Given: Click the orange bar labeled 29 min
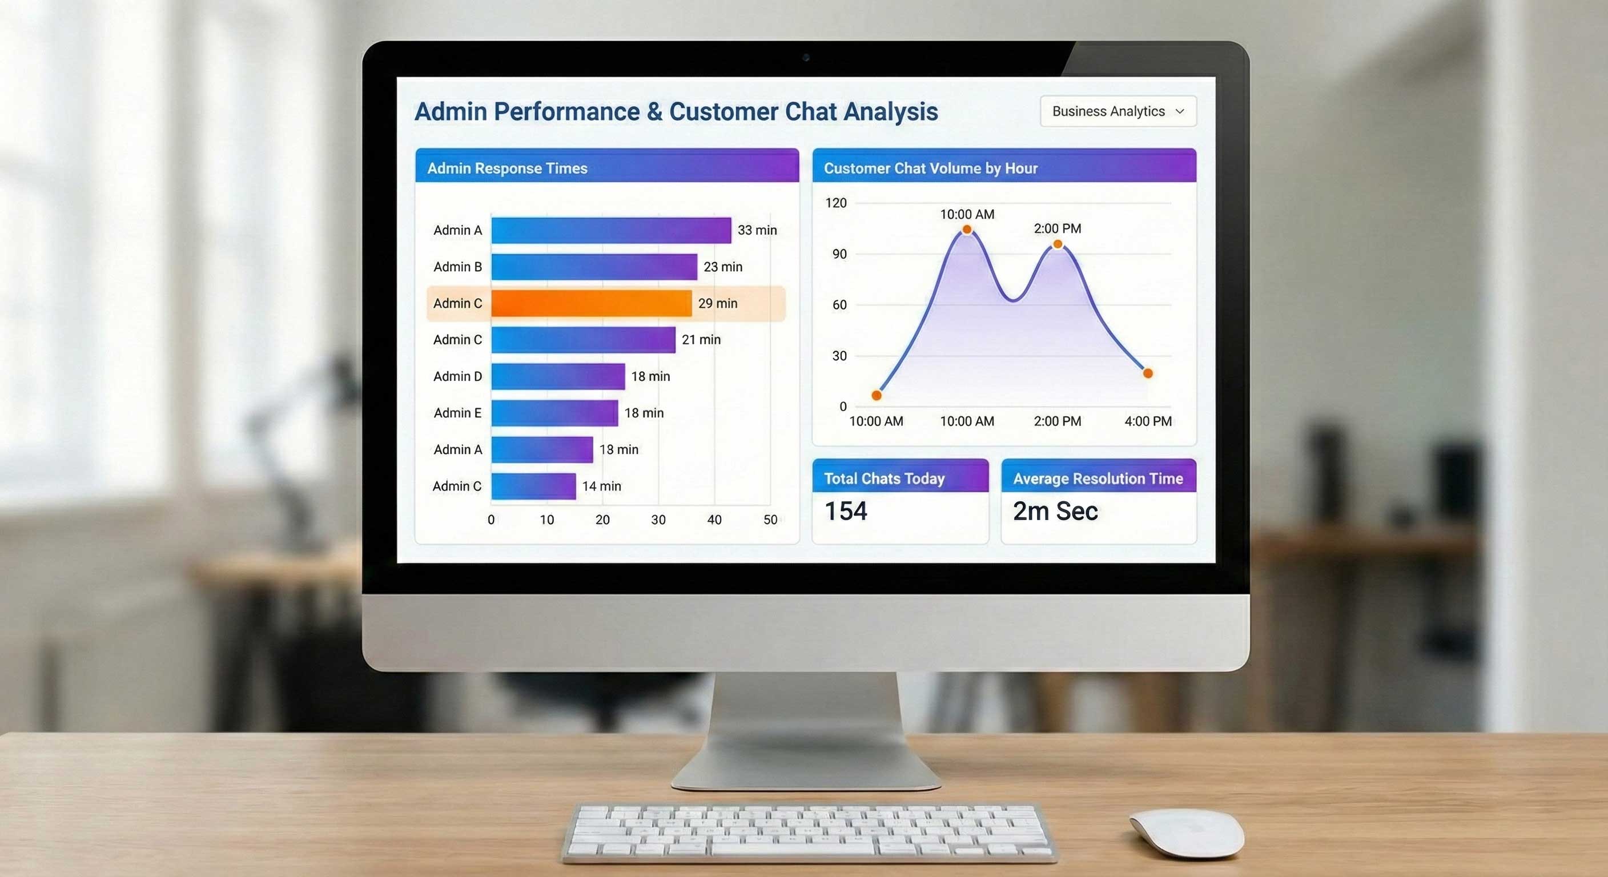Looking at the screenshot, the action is pyautogui.click(x=591, y=303).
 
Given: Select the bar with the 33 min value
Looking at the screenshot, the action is pyautogui.click(x=611, y=230).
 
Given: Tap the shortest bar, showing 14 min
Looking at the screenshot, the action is pyautogui.click(x=534, y=486).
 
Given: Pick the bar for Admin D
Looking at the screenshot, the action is pyautogui.click(x=558, y=376).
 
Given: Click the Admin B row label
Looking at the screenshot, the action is pyautogui.click(x=457, y=267).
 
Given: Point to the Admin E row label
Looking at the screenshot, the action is pyautogui.click(x=457, y=413).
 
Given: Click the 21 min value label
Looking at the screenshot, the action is pyautogui.click(x=701, y=340).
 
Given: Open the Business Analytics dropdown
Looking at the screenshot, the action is pyautogui.click(x=1118, y=111).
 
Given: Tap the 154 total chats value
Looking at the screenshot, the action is pyautogui.click(x=846, y=511).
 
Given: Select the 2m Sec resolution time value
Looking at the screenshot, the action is pyautogui.click(x=1055, y=511).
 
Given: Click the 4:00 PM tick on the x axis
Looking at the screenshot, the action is pyautogui.click(x=1148, y=421).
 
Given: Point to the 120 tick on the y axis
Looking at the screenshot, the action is pyautogui.click(x=836, y=203).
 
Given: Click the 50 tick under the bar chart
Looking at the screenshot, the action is pyautogui.click(x=770, y=520).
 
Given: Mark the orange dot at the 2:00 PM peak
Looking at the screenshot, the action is pyautogui.click(x=1058, y=244).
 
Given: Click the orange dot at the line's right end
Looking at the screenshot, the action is pyautogui.click(x=1148, y=373).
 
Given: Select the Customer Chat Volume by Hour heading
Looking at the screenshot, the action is pyautogui.click(x=930, y=168).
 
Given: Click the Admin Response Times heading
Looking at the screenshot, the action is pyautogui.click(x=507, y=168).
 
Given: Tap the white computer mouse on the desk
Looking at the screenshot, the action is pyautogui.click(x=1187, y=834).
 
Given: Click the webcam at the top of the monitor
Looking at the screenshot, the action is pyautogui.click(x=806, y=58).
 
